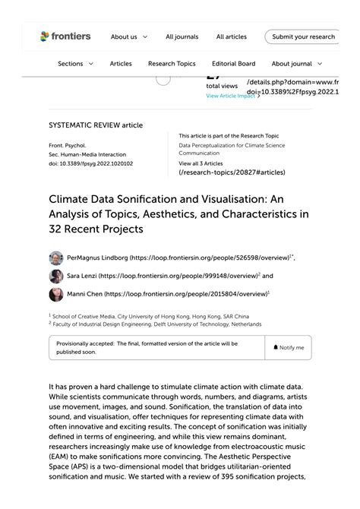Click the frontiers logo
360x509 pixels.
click(x=65, y=36)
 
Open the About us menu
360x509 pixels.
click(x=128, y=36)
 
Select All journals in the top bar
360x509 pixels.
click(x=182, y=36)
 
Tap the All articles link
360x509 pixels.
click(x=231, y=36)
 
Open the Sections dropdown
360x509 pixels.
click(x=75, y=64)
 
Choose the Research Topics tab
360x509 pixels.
click(x=172, y=64)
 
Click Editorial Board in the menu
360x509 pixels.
click(x=233, y=64)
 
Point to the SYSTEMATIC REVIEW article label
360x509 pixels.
click(x=96, y=125)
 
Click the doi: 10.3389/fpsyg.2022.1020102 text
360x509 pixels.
click(x=90, y=163)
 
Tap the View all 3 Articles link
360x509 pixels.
click(x=201, y=163)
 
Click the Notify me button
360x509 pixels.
click(x=289, y=347)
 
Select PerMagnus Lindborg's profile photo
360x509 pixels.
click(x=56, y=258)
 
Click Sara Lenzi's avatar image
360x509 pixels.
click(x=56, y=277)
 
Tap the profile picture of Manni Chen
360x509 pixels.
click(x=56, y=294)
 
